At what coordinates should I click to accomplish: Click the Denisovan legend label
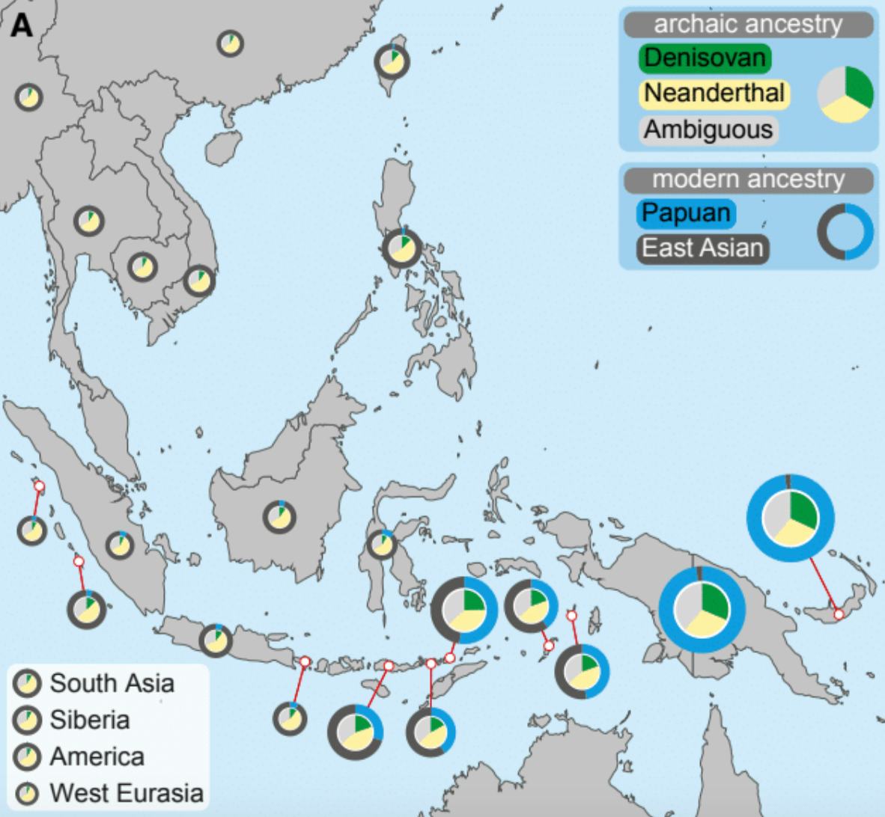704,58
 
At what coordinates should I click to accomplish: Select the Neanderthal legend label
714,94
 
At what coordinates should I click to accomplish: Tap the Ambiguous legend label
708,129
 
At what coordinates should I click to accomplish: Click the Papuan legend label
686,213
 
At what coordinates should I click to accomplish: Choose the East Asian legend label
702,248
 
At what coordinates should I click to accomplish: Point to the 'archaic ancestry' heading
748,25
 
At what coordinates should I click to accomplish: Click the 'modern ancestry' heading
748,180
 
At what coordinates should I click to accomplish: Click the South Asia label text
112,683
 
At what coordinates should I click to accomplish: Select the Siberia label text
89,720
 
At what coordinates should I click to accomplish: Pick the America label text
97,756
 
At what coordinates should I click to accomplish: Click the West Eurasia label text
126,793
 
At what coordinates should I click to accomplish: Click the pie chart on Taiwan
392,61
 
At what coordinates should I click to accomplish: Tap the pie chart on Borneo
279,517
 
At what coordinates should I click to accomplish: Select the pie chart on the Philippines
401,248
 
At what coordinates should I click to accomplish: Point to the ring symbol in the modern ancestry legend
845,231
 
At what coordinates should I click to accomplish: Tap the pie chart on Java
215,640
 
